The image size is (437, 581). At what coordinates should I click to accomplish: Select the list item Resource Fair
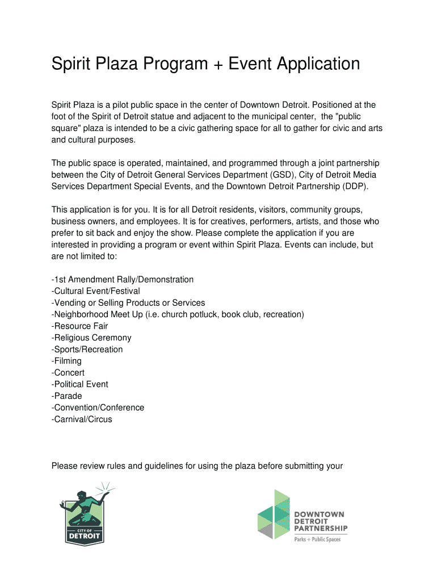click(79, 326)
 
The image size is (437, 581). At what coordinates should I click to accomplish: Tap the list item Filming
click(66, 361)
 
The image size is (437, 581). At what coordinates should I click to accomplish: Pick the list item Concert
click(68, 373)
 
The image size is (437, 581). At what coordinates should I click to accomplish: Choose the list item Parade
click(67, 396)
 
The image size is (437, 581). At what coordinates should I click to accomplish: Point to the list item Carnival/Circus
click(82, 419)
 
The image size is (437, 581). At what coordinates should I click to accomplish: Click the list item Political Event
click(80, 384)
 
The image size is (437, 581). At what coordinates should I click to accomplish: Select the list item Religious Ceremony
click(91, 338)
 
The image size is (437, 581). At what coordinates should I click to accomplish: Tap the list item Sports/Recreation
click(87, 350)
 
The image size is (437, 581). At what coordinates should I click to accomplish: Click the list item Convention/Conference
click(98, 407)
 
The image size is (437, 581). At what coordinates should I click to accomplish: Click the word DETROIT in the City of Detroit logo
click(85, 536)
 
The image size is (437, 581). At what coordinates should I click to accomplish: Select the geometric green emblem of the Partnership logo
click(274, 513)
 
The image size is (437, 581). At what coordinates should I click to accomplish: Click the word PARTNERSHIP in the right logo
click(321, 529)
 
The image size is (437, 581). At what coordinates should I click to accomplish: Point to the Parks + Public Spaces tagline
click(317, 539)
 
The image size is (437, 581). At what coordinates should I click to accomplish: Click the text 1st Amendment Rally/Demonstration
click(123, 280)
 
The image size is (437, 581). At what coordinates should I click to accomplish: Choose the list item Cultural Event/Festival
click(95, 291)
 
